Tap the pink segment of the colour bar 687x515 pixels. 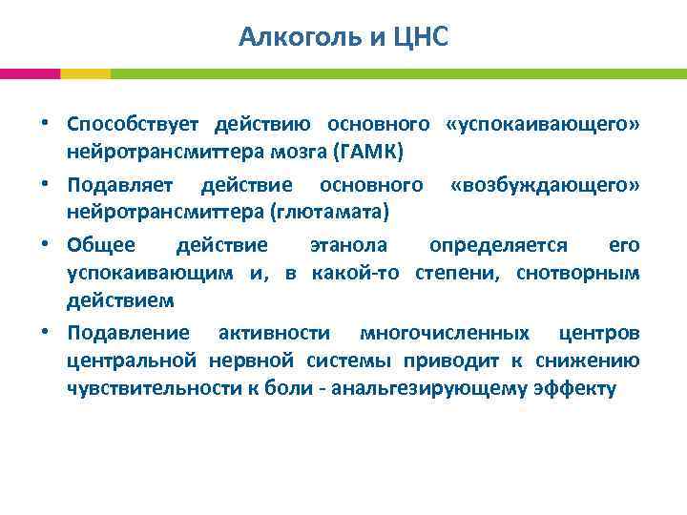coord(30,73)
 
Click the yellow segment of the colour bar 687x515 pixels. coord(85,73)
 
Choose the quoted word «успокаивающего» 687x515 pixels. coord(542,125)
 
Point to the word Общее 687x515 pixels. coord(101,245)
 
